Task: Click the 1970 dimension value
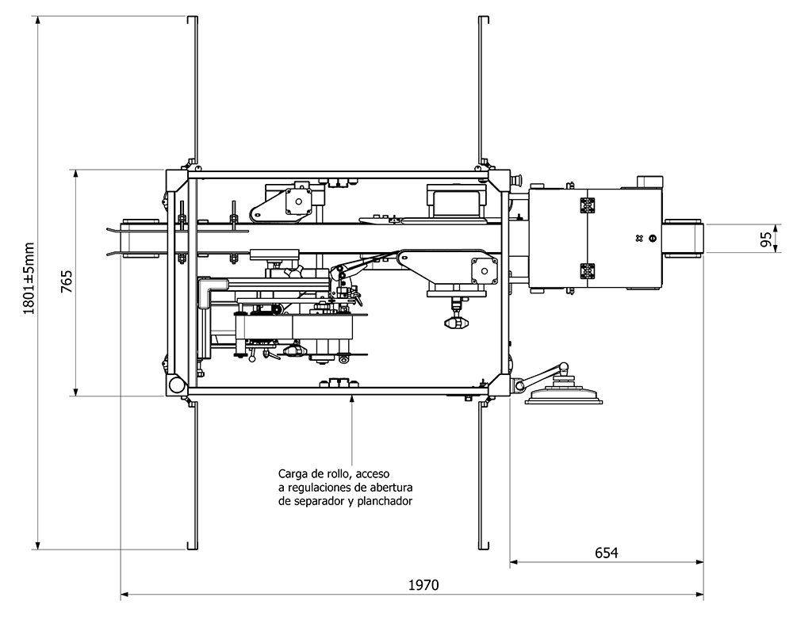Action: point(423,585)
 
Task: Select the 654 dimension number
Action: point(606,553)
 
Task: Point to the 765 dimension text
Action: point(67,281)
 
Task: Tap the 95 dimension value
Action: point(766,239)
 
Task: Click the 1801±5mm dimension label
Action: point(29,278)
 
